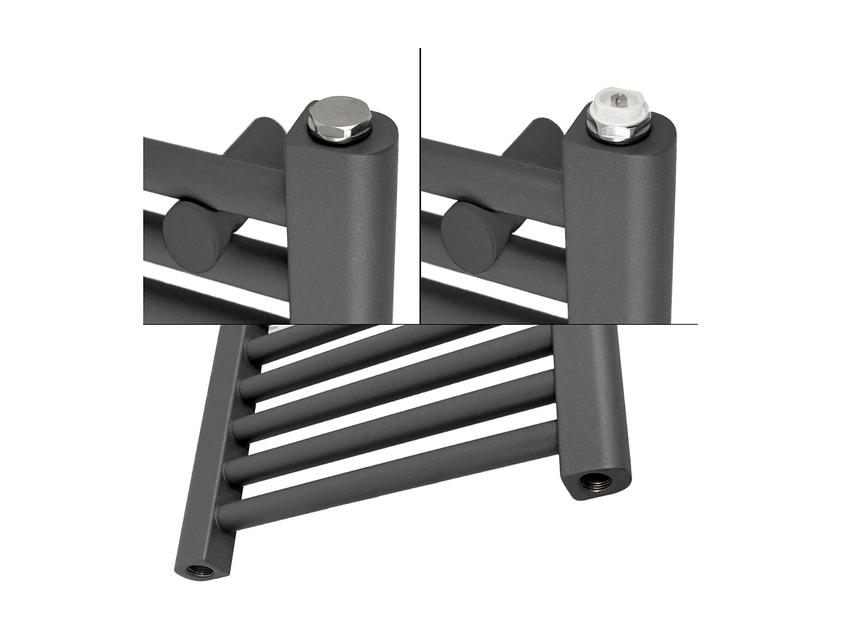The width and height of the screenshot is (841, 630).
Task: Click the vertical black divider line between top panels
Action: coord(420,185)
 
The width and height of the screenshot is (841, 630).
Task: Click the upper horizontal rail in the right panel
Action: coord(488,162)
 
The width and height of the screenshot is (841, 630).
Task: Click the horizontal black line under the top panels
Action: coord(420,324)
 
